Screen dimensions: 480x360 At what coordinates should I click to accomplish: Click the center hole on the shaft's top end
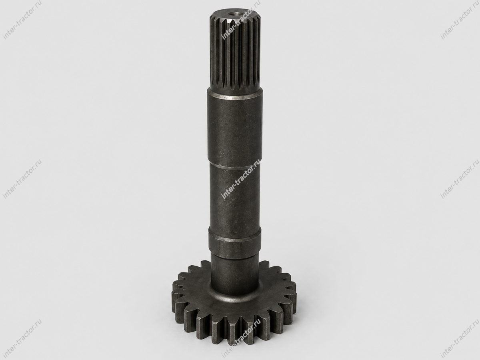[235, 14]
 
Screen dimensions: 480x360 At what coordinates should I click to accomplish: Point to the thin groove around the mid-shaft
[235, 166]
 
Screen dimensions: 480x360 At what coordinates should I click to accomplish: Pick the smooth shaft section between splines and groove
[235, 127]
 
